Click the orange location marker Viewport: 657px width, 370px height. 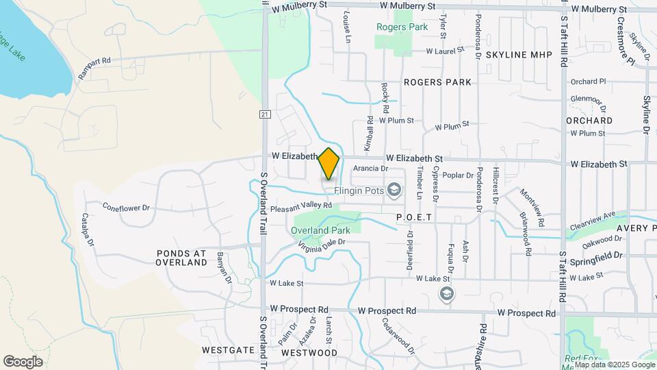coord(328,163)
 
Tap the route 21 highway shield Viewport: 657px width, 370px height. coord(264,114)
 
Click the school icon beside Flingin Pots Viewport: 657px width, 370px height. coord(394,189)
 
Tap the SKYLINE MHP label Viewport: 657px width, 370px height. coord(519,54)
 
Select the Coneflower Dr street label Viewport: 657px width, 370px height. coord(126,206)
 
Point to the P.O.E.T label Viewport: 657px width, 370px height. coord(415,217)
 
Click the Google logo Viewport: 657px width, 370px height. coord(23,361)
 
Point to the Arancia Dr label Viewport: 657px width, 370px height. coord(371,168)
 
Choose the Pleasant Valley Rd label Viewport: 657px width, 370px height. coord(300,205)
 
